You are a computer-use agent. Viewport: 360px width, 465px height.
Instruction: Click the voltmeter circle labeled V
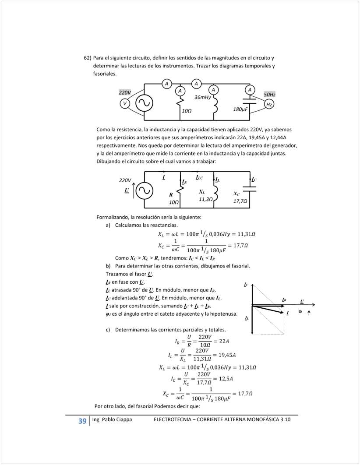[125, 103]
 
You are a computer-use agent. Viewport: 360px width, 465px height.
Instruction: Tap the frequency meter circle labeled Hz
[269, 105]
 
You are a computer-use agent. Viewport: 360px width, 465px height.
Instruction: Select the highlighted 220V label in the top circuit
[125, 92]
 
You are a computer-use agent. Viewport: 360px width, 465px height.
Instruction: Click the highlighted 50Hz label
[269, 95]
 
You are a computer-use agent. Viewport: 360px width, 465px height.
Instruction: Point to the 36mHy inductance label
[203, 97]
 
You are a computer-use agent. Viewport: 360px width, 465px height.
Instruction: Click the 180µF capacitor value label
[241, 109]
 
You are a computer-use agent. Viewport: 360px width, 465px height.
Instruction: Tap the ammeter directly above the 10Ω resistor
[180, 90]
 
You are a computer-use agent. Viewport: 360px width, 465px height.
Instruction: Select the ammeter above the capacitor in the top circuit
[250, 89]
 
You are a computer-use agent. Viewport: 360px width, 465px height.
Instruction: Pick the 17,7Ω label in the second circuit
[240, 201]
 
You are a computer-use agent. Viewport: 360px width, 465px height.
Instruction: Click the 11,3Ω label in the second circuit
[205, 199]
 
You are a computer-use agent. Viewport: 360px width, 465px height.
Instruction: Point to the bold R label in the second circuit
[171, 194]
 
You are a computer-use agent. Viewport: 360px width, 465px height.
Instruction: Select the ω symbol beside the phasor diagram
[300, 311]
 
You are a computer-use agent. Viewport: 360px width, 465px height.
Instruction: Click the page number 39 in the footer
[82, 421]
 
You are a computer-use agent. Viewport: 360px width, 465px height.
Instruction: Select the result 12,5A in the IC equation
[226, 378]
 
